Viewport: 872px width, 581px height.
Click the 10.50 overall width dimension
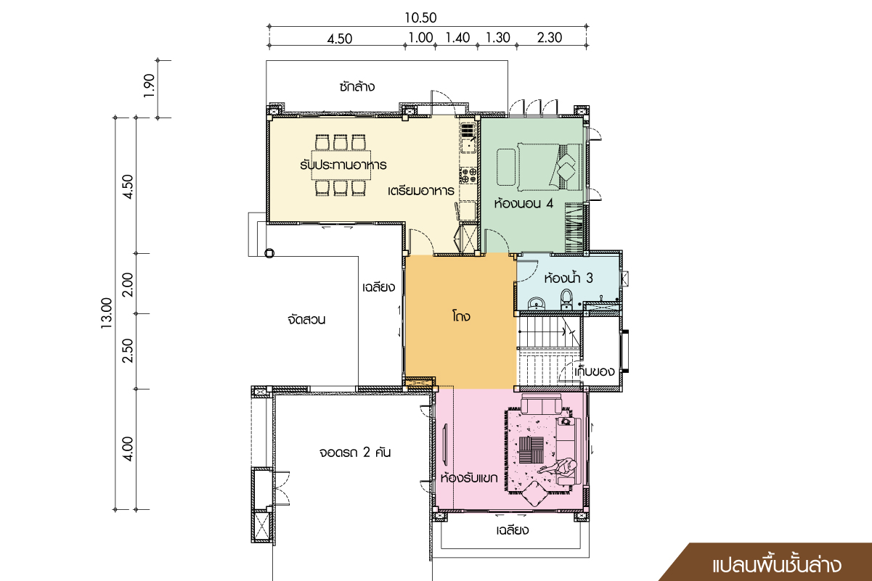tap(420, 18)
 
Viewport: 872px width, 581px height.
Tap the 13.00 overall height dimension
tap(106, 313)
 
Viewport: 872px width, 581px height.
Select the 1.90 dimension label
tap(149, 86)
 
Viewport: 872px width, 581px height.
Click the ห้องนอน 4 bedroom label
tap(523, 203)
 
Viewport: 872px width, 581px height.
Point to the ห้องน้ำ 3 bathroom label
tap(569, 278)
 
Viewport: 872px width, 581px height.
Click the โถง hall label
tap(461, 316)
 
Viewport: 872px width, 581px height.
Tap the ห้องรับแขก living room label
tap(469, 477)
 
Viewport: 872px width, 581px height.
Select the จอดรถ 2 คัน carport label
tap(354, 453)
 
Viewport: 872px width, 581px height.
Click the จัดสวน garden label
tap(306, 320)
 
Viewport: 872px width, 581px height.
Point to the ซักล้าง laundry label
tap(356, 86)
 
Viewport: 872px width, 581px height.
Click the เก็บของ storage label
tap(595, 371)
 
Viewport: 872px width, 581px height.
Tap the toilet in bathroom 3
tap(566, 300)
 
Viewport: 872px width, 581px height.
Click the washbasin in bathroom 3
tap(537, 303)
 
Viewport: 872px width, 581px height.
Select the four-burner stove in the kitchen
tap(468, 175)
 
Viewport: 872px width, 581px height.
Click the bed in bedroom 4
tap(550, 166)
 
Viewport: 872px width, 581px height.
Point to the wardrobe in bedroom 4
tap(574, 228)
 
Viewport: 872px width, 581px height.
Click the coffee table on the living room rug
tap(531, 450)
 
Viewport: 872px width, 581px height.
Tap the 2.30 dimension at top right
tap(550, 38)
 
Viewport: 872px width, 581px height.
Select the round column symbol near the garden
tap(269, 253)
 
